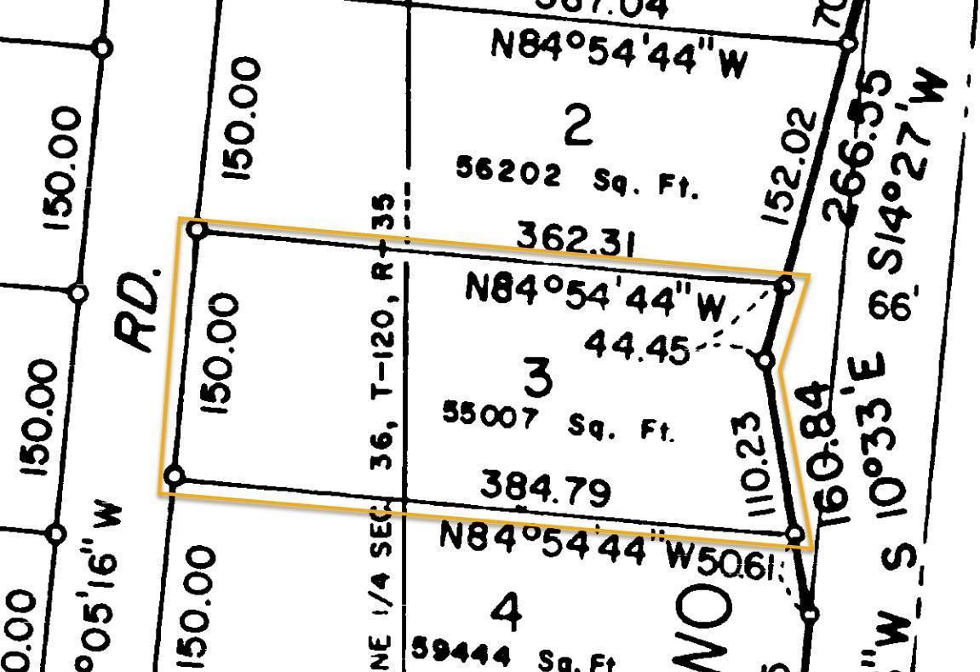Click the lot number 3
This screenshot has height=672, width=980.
(x=538, y=377)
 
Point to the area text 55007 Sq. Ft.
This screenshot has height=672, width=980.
(x=559, y=422)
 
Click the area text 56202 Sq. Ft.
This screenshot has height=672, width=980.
(x=577, y=176)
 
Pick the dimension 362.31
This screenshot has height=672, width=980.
(x=576, y=241)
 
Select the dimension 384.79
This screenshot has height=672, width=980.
(x=546, y=489)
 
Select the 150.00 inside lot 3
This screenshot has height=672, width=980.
(x=221, y=353)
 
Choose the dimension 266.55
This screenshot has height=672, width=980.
(x=859, y=146)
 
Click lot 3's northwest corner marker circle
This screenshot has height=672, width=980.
(x=197, y=230)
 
